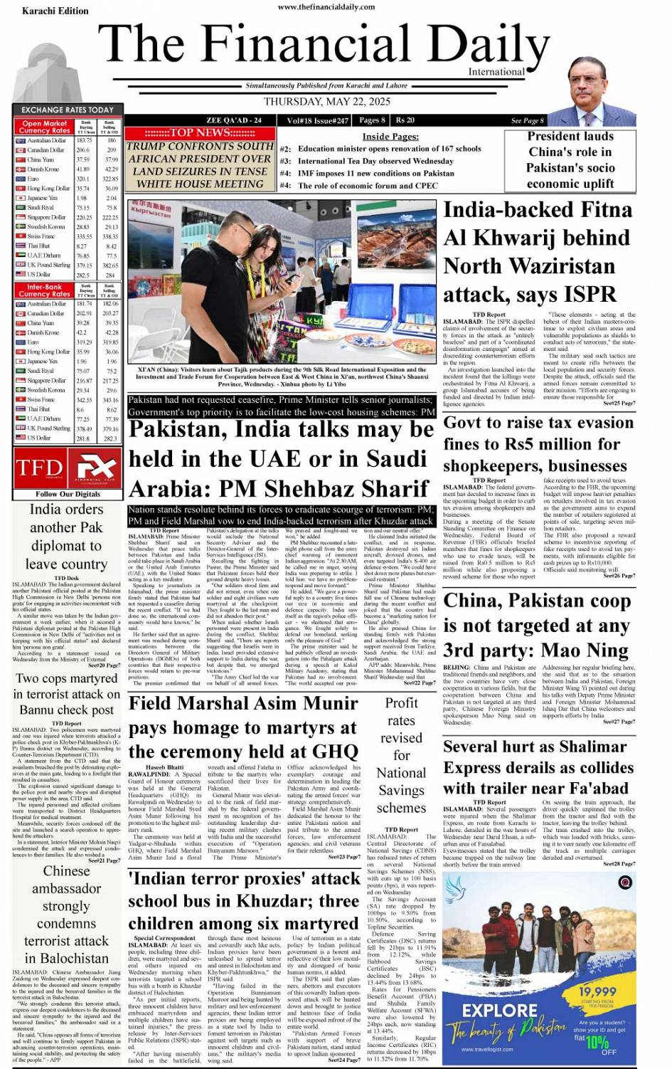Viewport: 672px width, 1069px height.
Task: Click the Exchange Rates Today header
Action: [67, 110]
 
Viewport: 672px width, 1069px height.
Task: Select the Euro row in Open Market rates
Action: [67, 179]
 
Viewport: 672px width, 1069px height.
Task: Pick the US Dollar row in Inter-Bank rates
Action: [67, 438]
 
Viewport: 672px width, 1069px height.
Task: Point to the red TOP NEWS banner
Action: [200, 132]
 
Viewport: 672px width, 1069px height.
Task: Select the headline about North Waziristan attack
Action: [537, 252]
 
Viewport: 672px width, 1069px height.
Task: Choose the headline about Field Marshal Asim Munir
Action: [243, 727]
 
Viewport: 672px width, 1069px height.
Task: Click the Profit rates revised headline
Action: [401, 755]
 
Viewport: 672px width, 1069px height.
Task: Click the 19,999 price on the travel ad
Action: [597, 991]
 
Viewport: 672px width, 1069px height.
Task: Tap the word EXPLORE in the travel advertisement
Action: [498, 1010]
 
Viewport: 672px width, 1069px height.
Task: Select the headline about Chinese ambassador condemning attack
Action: [66, 915]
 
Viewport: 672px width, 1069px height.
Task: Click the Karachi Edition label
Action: [55, 11]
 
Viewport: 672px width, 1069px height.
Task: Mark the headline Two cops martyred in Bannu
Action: [67, 694]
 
